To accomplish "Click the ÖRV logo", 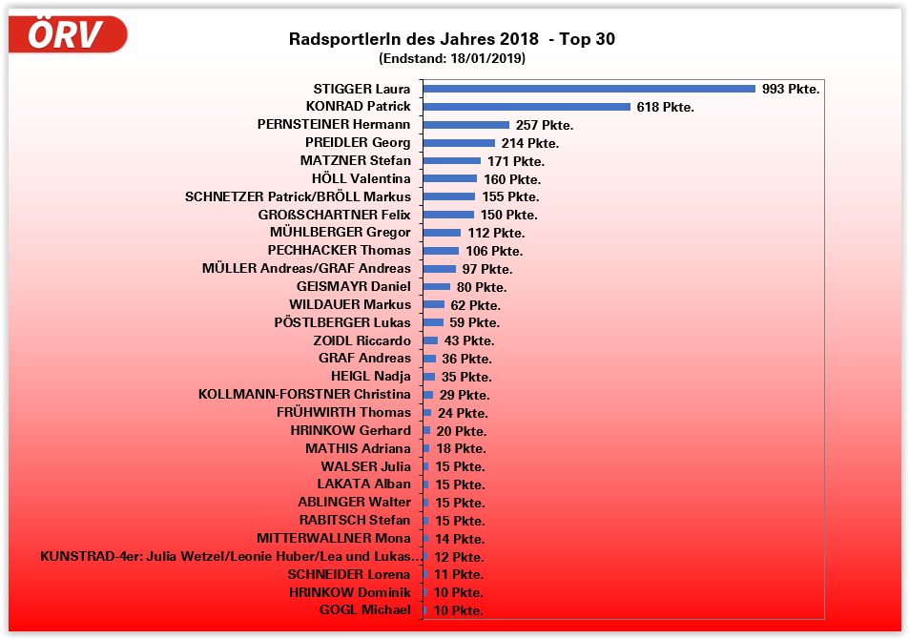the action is point(68,34).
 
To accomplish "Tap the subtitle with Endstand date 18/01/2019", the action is point(451,58).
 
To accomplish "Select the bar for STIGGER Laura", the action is point(589,89).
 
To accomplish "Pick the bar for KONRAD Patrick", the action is point(527,107).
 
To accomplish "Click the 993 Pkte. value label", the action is point(791,90).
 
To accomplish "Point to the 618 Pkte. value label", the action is point(665,107).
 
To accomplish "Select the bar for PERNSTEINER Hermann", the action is point(466,125).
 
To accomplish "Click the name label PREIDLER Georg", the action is point(358,143).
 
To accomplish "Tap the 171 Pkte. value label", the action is point(515,161).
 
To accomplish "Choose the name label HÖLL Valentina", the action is point(361,178).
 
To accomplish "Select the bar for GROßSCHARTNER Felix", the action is point(448,215).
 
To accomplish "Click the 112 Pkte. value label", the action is point(496,233).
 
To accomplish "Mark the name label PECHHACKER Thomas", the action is point(340,251).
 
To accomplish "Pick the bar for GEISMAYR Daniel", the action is point(437,286).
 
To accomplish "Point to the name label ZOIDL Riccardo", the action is point(362,340).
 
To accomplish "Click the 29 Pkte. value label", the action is point(465,396).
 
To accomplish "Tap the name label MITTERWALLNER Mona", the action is point(333,539).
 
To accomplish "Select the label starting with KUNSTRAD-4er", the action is point(230,557).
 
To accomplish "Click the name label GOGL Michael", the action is point(364,610).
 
